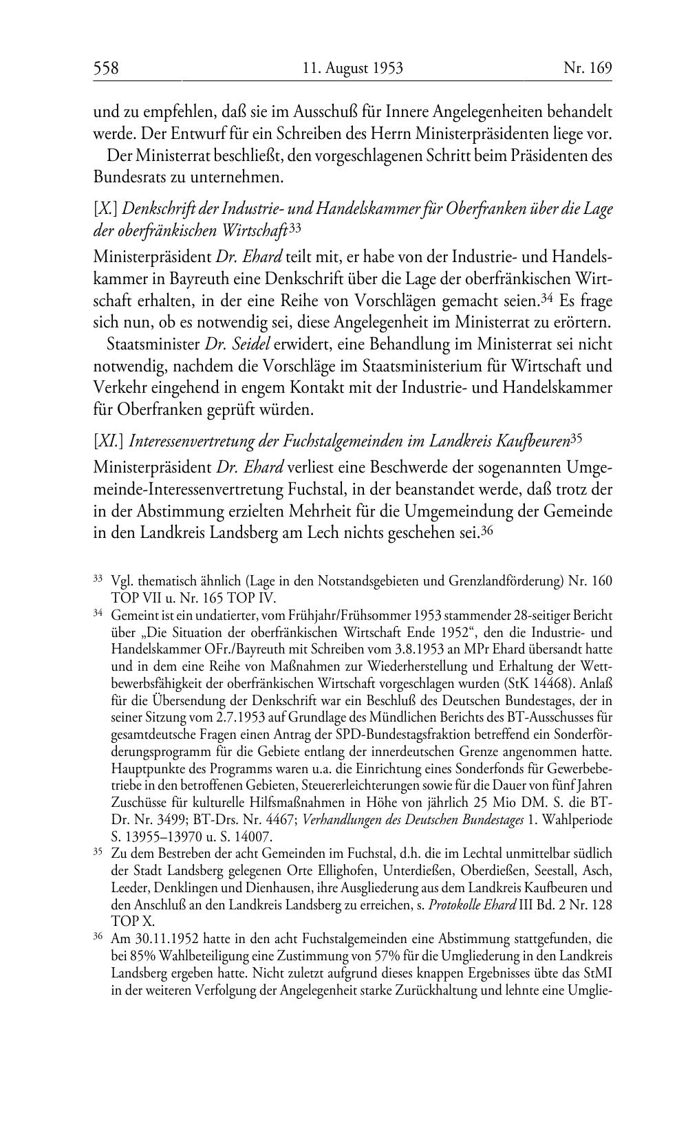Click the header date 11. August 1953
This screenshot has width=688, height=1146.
click(x=352, y=68)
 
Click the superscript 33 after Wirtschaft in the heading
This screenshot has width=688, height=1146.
click(x=295, y=228)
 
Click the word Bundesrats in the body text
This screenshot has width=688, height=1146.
click(x=127, y=177)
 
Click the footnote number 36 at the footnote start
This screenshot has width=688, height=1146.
click(x=98, y=938)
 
